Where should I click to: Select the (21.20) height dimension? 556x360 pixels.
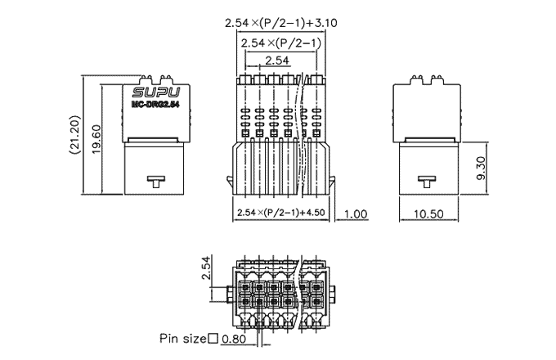tap(74, 136)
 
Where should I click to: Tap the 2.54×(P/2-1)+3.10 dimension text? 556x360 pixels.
tap(276, 24)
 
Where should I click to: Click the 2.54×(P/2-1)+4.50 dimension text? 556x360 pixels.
tap(281, 213)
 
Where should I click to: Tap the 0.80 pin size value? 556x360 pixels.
tap(235, 338)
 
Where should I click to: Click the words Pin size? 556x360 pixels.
tap(183, 338)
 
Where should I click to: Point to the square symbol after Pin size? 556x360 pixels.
tap(213, 338)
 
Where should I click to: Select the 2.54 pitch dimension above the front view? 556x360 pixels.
tap(276, 61)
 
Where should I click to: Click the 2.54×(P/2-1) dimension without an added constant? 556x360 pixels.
tap(276, 43)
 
